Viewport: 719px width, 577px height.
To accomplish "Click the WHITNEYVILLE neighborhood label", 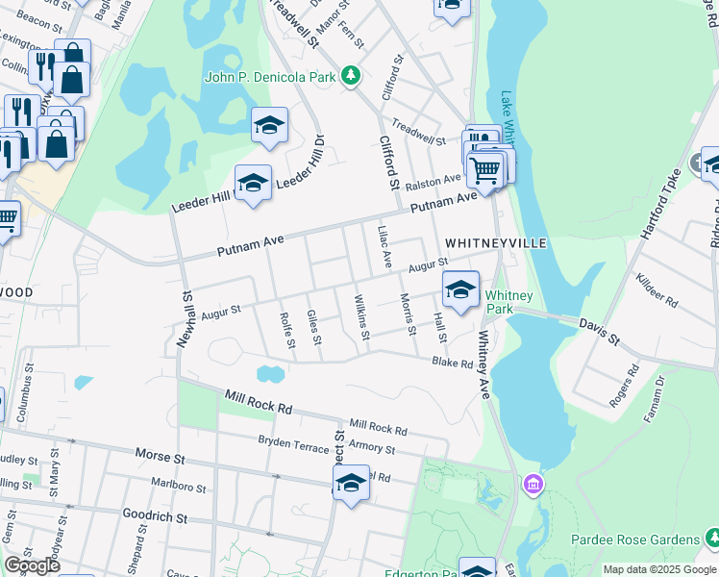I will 496,243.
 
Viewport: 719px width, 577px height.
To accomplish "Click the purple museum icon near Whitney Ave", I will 533,482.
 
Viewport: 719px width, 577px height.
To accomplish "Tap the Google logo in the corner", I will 32,565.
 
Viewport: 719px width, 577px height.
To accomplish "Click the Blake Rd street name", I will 452,363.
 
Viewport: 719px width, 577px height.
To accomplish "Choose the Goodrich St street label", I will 154,516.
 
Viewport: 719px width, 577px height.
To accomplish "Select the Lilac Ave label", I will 384,246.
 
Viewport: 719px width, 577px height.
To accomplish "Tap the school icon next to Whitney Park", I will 461,288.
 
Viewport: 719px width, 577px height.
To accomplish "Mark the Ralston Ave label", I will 433,182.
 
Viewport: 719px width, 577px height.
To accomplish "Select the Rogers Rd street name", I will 624,384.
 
